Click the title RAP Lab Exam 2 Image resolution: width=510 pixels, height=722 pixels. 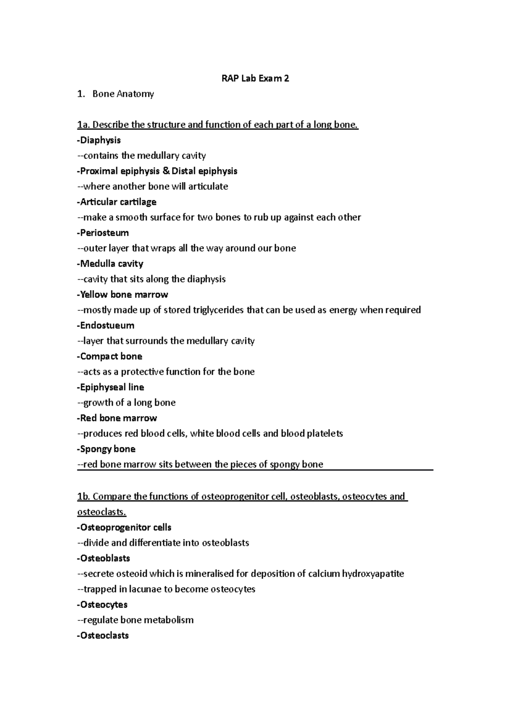click(255, 78)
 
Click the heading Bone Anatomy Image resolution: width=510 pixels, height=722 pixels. click(123, 94)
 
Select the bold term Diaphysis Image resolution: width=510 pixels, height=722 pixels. click(100, 140)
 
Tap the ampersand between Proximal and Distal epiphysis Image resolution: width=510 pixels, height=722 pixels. click(166, 171)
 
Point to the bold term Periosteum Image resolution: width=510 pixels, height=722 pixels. click(104, 233)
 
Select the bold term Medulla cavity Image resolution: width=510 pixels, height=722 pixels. click(111, 264)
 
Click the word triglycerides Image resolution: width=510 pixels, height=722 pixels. click(218, 310)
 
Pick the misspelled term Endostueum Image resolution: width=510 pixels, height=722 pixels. click(107, 326)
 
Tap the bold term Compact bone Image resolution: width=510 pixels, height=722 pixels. click(111, 356)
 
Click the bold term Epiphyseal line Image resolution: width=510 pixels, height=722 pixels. click(112, 387)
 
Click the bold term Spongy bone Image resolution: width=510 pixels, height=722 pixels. click(108, 449)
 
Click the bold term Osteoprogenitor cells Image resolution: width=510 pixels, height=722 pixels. click(125, 528)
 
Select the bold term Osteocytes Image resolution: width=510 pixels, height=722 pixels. click(104, 605)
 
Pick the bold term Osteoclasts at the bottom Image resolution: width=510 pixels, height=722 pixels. click(104, 636)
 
